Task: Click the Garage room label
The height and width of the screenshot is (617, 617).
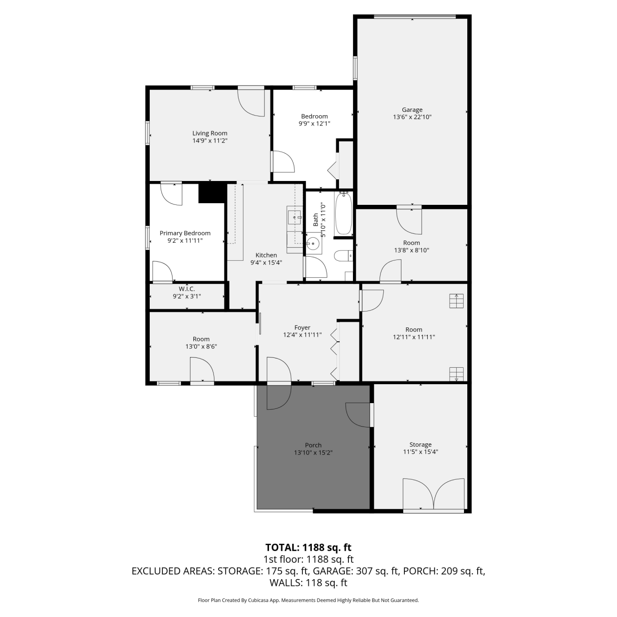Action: (412, 110)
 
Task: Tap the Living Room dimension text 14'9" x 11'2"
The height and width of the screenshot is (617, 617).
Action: (210, 141)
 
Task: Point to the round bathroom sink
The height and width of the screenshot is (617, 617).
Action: (313, 244)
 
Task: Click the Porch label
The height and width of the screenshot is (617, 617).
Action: (313, 445)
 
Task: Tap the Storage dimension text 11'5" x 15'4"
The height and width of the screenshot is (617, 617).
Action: (420, 452)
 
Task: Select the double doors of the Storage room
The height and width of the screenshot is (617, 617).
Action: (434, 495)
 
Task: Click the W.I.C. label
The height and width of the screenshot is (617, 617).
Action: (187, 289)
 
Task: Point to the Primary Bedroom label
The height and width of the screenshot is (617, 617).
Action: (185, 233)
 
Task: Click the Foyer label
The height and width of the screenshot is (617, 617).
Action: (302, 328)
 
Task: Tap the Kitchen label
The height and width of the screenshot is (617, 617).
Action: (266, 255)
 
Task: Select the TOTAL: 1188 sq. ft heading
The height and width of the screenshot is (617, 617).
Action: (308, 547)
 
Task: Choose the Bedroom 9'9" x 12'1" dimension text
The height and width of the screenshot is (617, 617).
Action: (315, 123)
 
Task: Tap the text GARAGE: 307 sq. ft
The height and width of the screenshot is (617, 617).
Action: (356, 571)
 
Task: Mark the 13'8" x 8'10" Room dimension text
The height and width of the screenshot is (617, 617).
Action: (412, 250)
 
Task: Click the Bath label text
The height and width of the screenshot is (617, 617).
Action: (315, 220)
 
